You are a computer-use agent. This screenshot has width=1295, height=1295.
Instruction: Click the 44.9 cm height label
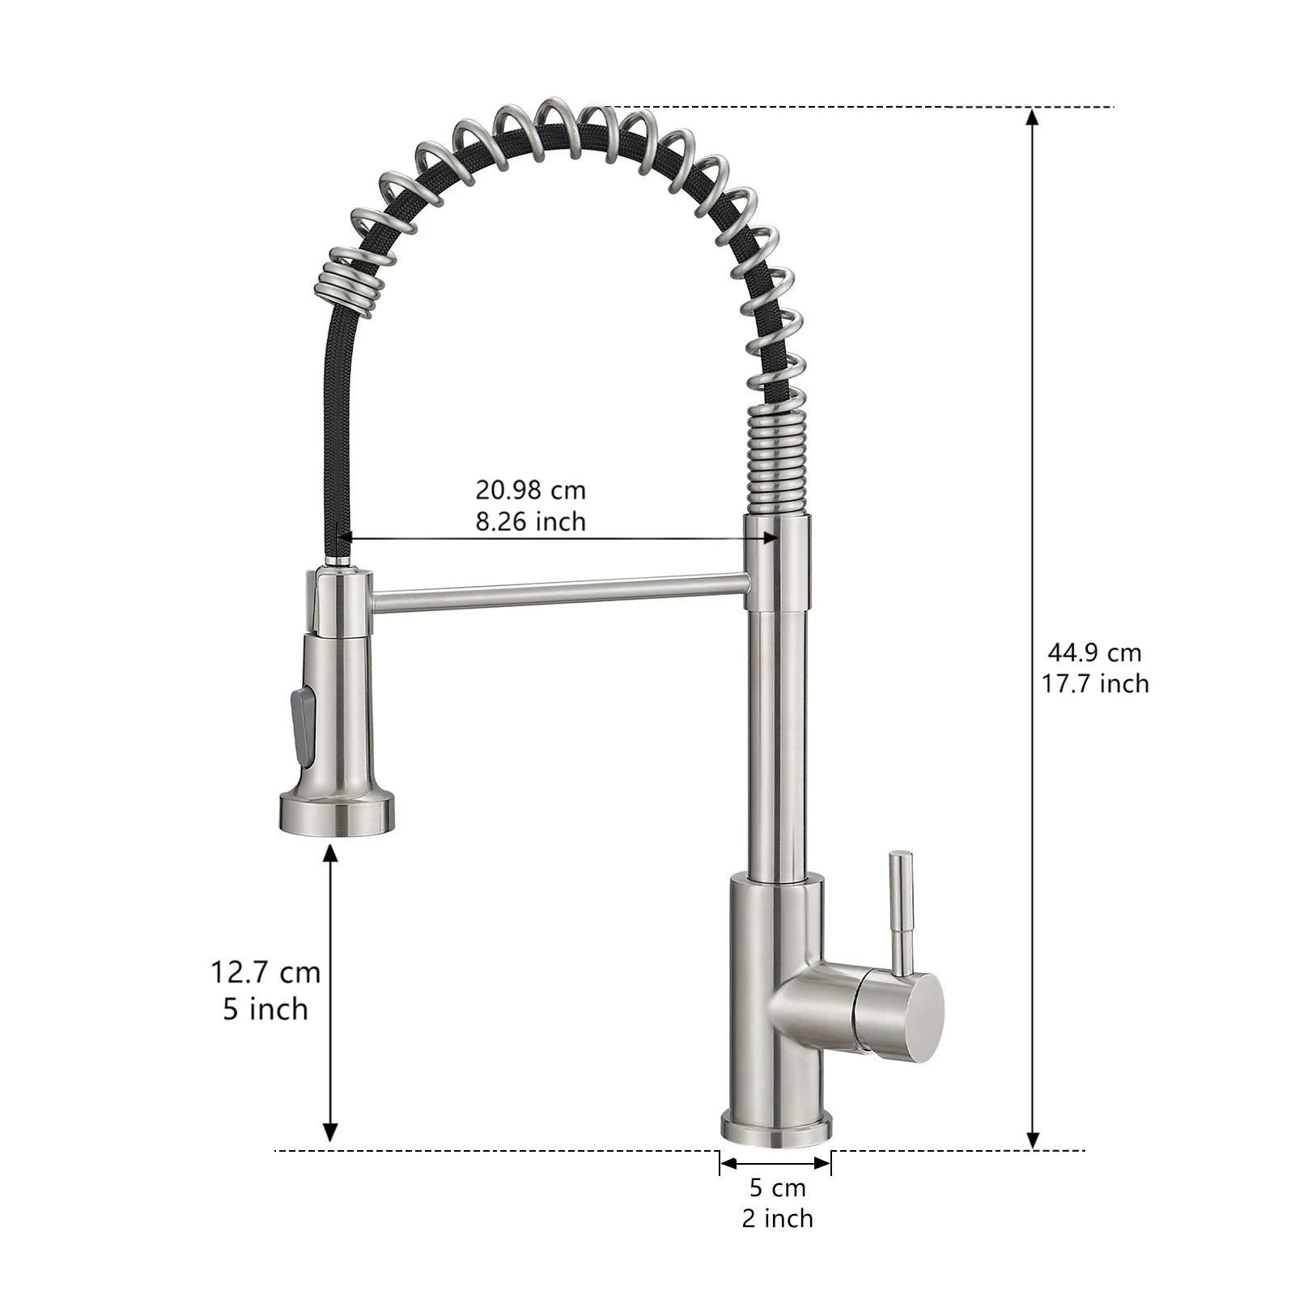click(1094, 652)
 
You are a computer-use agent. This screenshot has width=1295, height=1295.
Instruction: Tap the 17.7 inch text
click(1094, 684)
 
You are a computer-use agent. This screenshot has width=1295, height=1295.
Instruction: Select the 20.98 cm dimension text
click(530, 490)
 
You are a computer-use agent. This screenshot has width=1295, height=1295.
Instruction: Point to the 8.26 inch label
click(530, 522)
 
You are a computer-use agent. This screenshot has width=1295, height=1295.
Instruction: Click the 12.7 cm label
click(265, 971)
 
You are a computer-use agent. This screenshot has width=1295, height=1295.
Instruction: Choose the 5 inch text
click(265, 1009)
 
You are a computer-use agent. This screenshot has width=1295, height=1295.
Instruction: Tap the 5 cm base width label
click(777, 1187)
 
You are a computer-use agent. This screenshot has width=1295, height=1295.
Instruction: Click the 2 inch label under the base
click(777, 1218)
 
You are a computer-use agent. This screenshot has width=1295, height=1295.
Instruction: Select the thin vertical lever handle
click(900, 906)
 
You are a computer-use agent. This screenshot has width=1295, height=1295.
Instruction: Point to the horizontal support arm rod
click(558, 592)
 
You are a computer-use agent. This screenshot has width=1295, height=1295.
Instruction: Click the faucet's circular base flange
click(776, 1128)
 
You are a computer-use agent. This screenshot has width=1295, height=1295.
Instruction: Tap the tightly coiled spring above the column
click(776, 461)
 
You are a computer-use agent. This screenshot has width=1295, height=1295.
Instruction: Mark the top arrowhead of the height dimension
click(1032, 117)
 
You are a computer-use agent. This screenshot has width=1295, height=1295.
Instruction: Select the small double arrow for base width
click(775, 1163)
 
